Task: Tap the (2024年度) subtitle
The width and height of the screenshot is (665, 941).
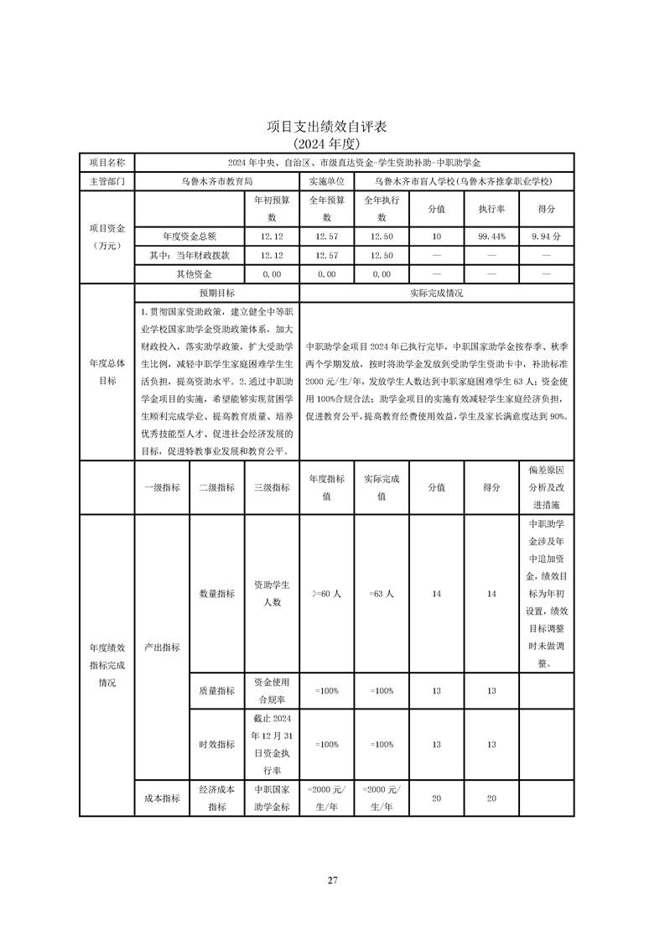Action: click(x=332, y=143)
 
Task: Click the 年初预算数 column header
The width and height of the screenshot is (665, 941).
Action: click(x=272, y=209)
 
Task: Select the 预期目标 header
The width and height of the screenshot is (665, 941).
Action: click(x=217, y=294)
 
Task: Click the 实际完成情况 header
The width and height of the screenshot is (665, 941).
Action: click(x=436, y=294)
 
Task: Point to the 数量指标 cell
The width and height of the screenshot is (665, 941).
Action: click(x=217, y=594)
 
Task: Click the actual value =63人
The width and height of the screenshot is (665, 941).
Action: click(x=382, y=594)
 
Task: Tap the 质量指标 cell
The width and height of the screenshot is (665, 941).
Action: click(x=217, y=690)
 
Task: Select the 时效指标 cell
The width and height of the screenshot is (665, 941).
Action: click(x=217, y=744)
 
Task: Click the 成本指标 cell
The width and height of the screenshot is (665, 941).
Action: click(x=163, y=798)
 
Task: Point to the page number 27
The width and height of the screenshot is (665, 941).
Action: click(x=332, y=880)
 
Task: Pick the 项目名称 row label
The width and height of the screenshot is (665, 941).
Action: click(x=107, y=162)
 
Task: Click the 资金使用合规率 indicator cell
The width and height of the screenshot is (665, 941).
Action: click(x=272, y=690)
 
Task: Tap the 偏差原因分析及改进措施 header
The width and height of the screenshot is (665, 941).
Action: click(x=546, y=487)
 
